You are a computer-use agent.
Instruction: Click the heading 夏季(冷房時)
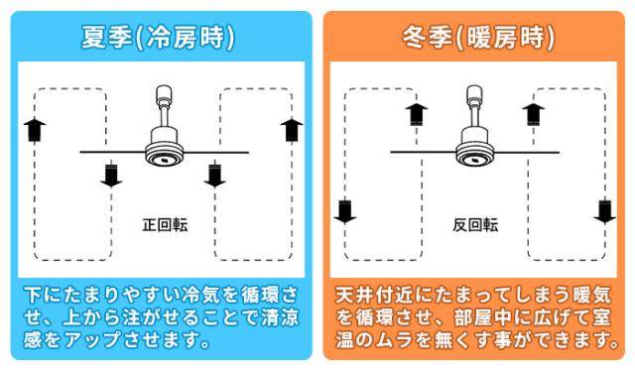click(x=158, y=38)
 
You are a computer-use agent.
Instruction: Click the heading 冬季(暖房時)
click(x=478, y=38)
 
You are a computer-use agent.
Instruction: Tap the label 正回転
click(x=165, y=225)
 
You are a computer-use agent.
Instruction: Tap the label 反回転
click(x=475, y=225)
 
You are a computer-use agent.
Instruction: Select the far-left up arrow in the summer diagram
click(x=35, y=130)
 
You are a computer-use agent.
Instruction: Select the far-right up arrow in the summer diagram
click(x=292, y=130)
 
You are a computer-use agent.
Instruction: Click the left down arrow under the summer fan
click(x=111, y=176)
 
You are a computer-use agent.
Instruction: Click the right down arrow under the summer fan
click(x=214, y=176)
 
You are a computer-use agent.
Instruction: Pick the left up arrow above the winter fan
click(x=417, y=114)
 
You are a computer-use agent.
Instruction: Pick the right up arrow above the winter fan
click(x=534, y=114)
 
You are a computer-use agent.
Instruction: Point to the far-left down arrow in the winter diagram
click(x=345, y=212)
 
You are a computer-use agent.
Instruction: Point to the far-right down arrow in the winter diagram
click(x=604, y=212)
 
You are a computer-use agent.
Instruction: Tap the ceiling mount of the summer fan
click(x=164, y=94)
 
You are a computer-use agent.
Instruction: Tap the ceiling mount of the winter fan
click(x=474, y=94)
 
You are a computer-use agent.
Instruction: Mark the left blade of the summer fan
click(x=112, y=152)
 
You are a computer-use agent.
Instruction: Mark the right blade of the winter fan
click(x=527, y=153)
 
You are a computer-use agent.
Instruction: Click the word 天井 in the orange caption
click(x=354, y=295)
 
